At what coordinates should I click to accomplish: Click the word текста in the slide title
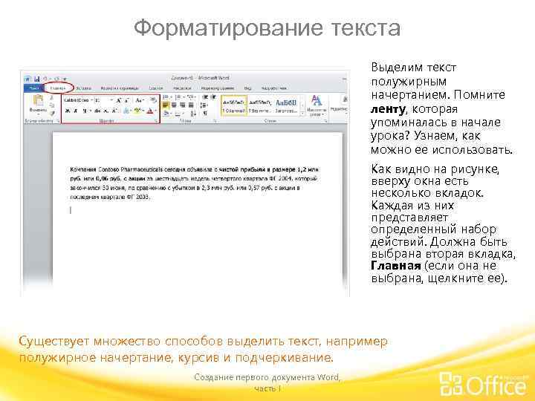click(x=363, y=29)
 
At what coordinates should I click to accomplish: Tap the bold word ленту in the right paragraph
click(x=386, y=108)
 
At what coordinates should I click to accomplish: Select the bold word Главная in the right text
click(x=395, y=266)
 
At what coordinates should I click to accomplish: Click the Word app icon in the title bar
click(x=27, y=77)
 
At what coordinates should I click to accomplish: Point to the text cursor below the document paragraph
click(x=70, y=210)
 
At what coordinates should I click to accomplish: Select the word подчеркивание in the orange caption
click(x=294, y=357)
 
